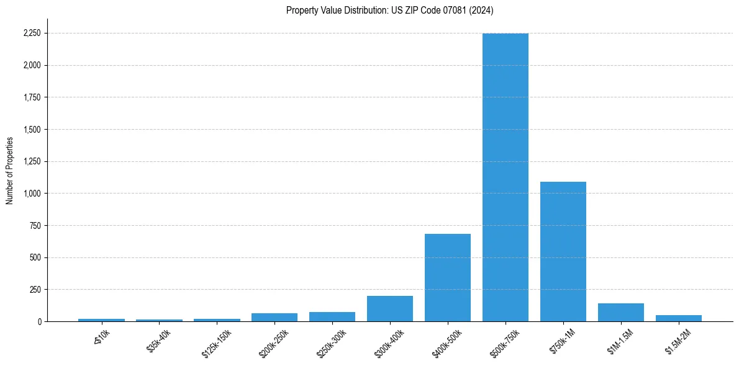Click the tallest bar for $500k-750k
505,177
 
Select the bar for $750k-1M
563,251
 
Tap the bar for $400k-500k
447,277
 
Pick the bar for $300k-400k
389,309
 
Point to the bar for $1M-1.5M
620,313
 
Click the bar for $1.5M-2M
678,318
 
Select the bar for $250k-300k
332,317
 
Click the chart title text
389,11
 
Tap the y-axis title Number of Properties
10,171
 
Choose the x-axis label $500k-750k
504,342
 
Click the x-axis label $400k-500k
446,342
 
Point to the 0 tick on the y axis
40,321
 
